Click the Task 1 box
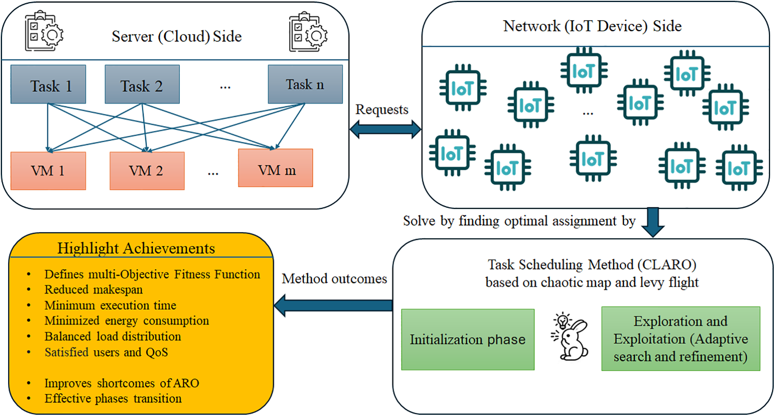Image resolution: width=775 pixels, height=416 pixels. click(x=48, y=84)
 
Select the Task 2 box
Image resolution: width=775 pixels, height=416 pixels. click(x=142, y=84)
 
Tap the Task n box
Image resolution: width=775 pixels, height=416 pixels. click(x=305, y=84)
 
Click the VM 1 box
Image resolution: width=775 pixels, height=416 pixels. click(x=48, y=171)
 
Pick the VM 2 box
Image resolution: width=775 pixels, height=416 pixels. click(x=147, y=171)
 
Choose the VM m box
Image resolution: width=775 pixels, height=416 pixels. click(x=275, y=168)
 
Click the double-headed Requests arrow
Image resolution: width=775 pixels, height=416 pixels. click(x=385, y=129)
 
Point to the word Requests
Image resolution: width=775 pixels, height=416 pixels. click(x=382, y=109)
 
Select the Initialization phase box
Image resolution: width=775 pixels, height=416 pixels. click(x=467, y=340)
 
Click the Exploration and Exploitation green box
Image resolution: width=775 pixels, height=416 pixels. click(x=681, y=339)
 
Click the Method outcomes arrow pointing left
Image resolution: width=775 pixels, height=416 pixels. click(x=334, y=305)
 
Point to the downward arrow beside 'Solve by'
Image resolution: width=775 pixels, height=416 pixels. click(x=653, y=222)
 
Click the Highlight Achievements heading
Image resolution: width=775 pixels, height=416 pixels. click(x=136, y=248)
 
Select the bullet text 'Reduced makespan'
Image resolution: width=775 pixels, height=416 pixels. click(x=94, y=290)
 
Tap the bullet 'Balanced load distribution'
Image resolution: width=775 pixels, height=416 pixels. click(x=113, y=336)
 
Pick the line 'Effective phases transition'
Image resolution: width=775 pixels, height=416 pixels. click(x=113, y=399)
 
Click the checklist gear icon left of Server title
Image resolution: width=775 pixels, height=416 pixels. click(x=44, y=33)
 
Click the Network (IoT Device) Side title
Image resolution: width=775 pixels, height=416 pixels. click(x=592, y=26)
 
